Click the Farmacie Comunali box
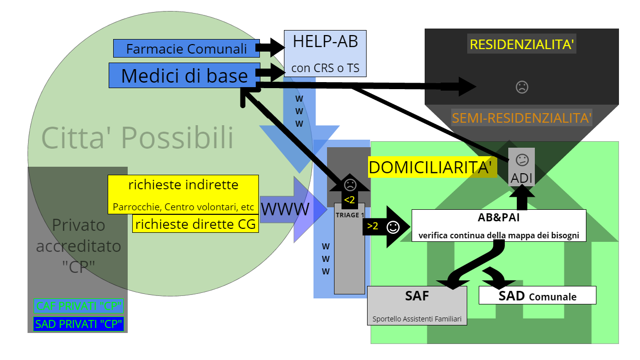(186, 49)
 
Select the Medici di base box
(184, 75)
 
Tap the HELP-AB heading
(325, 42)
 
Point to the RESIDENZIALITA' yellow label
(521, 44)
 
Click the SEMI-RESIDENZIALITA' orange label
(522, 119)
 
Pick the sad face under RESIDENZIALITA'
(522, 87)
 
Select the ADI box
(522, 167)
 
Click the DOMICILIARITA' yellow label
(433, 167)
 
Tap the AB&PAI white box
(499, 225)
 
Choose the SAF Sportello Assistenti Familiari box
(417, 305)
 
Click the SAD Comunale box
(537, 295)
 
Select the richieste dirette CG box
(195, 224)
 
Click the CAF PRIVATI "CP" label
(79, 306)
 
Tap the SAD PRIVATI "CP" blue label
(79, 324)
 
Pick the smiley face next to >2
(393, 227)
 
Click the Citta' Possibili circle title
(137, 137)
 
